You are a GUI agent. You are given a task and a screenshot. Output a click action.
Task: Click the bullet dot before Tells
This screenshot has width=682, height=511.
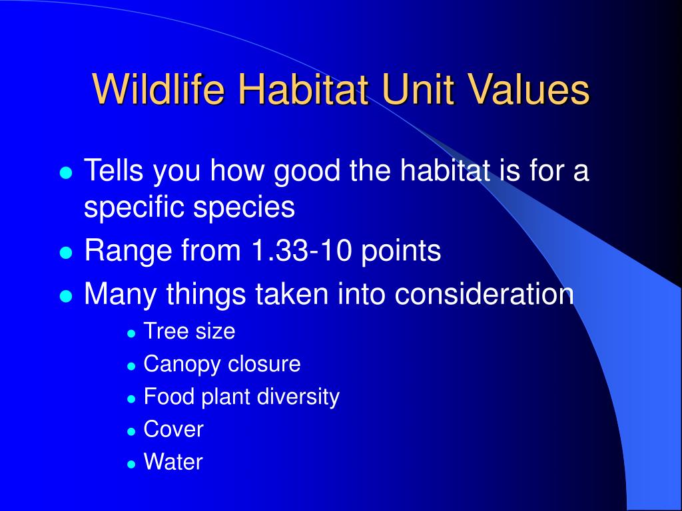[x=65, y=172]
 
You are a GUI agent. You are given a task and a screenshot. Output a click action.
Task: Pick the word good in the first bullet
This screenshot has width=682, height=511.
[x=307, y=171]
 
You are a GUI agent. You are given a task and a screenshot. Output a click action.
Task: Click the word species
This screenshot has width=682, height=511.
[x=244, y=208]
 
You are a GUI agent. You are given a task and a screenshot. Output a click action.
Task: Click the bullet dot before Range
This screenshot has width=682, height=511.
[x=65, y=252]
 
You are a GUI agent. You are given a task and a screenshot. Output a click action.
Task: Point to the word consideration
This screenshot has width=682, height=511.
[x=484, y=293]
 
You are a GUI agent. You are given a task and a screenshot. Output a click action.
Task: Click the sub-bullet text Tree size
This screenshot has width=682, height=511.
[x=189, y=331]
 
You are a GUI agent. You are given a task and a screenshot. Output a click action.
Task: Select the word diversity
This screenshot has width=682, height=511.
[x=298, y=397]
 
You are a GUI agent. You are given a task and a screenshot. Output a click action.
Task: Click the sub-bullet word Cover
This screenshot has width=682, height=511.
[x=174, y=429]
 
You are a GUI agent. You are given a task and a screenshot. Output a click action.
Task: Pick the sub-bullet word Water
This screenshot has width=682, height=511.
[x=173, y=462]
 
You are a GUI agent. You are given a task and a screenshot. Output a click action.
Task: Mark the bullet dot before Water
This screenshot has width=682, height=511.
[x=131, y=464]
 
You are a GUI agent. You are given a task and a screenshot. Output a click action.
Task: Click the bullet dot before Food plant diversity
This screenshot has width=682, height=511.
[x=131, y=399]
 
